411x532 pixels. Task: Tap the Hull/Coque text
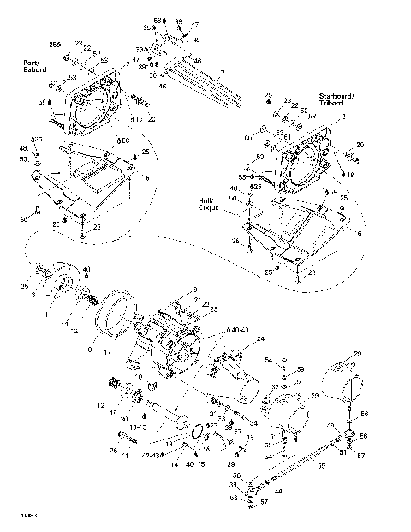pyautogui.click(x=210, y=203)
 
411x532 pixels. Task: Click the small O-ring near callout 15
pyautogui.click(x=197, y=428)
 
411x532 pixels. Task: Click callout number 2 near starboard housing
pyautogui.click(x=343, y=116)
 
